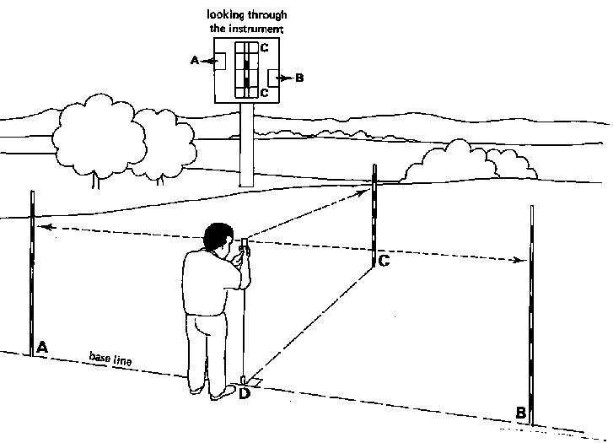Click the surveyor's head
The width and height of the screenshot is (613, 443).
pyautogui.click(x=218, y=238)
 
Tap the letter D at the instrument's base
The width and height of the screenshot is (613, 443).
pyautogui.click(x=245, y=392)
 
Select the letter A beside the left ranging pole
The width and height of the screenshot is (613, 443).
pyautogui.click(x=42, y=346)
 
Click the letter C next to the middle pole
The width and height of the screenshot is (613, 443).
pyautogui.click(x=384, y=261)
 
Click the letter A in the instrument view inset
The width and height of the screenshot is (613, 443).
pyautogui.click(x=195, y=61)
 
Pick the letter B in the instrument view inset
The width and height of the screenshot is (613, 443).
pyautogui.click(x=300, y=78)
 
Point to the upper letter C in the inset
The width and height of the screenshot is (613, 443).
pyautogui.click(x=264, y=49)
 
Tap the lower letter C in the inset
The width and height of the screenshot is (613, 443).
pyautogui.click(x=264, y=93)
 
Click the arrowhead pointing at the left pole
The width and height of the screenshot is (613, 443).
pyautogui.click(x=44, y=226)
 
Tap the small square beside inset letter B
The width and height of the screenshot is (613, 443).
pyautogui.click(x=274, y=78)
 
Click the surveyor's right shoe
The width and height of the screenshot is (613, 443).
pyautogui.click(x=224, y=392)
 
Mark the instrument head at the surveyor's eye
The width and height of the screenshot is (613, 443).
pyautogui.click(x=244, y=246)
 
